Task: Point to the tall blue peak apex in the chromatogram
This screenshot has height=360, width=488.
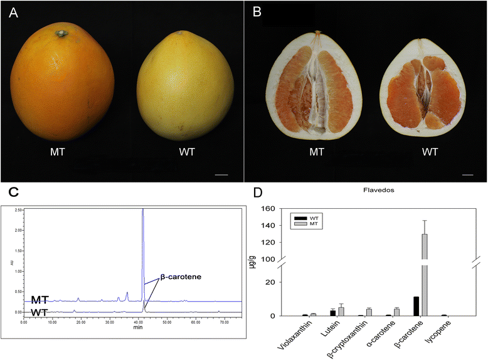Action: (x=143, y=210)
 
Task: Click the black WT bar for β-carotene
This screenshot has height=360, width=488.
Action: (x=416, y=306)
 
